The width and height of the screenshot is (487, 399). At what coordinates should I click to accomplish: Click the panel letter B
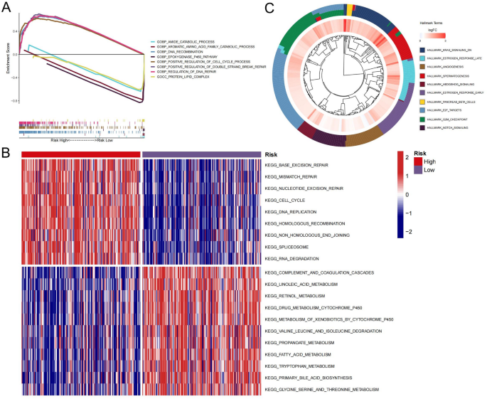pyautogui.click(x=6, y=151)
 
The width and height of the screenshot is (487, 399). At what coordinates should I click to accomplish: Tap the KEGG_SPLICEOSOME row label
pyautogui.click(x=285, y=247)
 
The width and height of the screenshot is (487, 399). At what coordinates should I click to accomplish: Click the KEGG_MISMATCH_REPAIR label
pyautogui.click(x=291, y=177)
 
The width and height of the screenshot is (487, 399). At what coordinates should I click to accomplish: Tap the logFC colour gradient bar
pyautogui.click(x=434, y=34)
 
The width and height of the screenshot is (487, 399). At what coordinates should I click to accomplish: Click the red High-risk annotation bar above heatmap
pyautogui.click(x=81, y=154)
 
